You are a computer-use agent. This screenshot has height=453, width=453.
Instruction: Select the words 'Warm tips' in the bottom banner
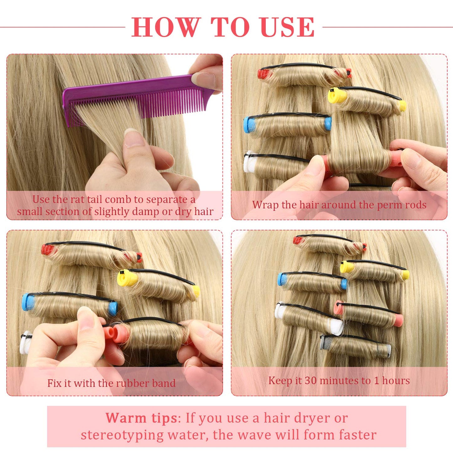coord(141,418)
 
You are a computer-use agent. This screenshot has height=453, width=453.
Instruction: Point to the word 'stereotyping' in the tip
coord(122,435)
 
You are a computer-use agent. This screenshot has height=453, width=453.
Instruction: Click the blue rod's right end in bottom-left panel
coord(113,309)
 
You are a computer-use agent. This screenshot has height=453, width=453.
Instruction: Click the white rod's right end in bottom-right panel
coord(337,327)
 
